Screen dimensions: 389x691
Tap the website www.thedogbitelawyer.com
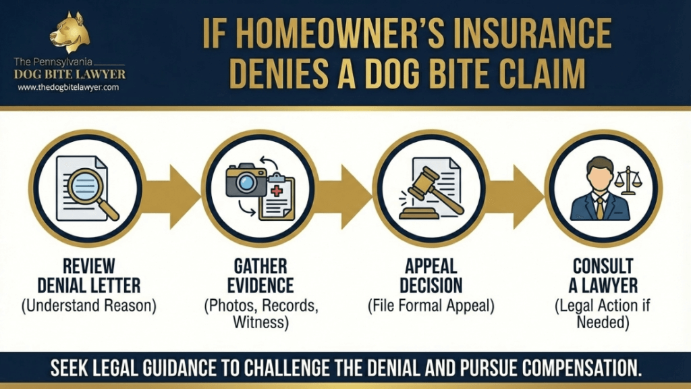[69, 88]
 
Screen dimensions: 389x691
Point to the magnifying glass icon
[94, 192]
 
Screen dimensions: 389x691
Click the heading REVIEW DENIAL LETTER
[89, 275]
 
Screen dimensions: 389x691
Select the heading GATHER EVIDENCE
[260, 275]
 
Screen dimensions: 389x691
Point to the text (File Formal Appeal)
[431, 305]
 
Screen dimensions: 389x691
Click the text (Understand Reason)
[89, 305]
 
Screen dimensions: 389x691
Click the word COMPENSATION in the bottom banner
[573, 369]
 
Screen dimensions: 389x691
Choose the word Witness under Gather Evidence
[260, 321]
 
